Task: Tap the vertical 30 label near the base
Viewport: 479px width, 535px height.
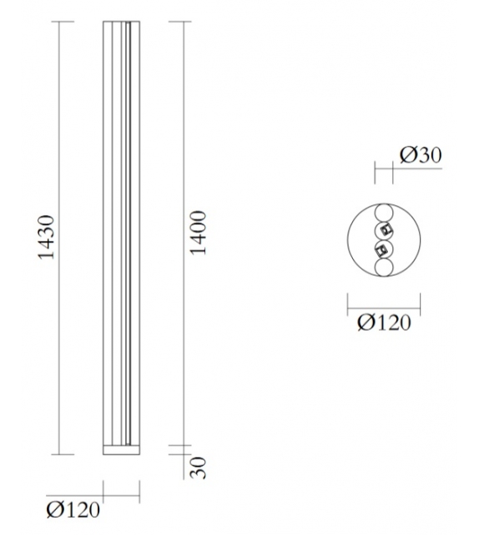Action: (198, 467)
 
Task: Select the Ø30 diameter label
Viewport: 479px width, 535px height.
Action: (421, 155)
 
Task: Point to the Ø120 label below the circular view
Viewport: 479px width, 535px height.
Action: (384, 322)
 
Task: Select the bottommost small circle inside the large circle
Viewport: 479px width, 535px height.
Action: (384, 267)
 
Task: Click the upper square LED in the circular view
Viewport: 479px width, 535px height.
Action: (386, 229)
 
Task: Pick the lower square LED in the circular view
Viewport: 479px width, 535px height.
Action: (381, 248)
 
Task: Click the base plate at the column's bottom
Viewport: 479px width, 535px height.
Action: (119, 450)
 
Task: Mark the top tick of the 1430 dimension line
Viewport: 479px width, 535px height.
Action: (58, 21)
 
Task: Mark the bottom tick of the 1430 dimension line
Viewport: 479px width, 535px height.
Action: (58, 455)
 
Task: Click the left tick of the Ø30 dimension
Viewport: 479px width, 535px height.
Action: (375, 173)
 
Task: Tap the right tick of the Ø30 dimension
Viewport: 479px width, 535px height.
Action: (393, 173)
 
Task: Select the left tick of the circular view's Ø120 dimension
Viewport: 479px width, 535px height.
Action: (347, 304)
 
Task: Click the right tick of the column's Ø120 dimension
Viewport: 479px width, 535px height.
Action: (138, 491)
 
